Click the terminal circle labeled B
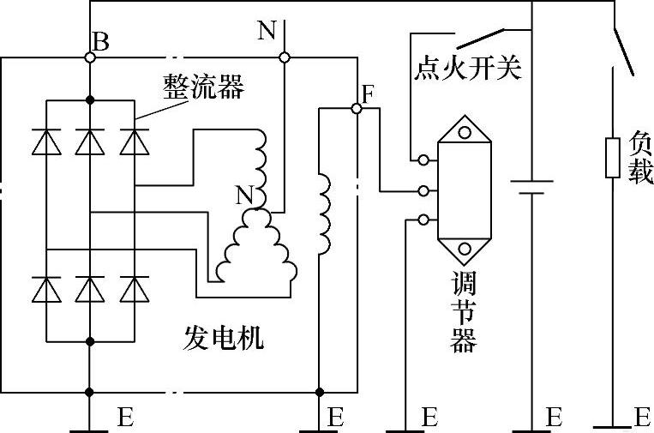[x=90, y=57]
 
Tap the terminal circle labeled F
[x=357, y=108]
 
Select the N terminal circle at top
[x=284, y=57]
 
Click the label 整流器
[x=203, y=87]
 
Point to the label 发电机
[x=224, y=338]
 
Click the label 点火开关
[x=467, y=68]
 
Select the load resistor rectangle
[x=613, y=159]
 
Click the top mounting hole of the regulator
[x=465, y=133]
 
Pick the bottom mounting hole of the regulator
[x=465, y=249]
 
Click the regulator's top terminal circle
[x=423, y=159]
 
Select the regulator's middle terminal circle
[x=423, y=191]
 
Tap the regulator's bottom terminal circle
[x=423, y=220]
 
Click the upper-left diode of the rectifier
[x=46, y=141]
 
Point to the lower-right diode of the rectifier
[x=135, y=289]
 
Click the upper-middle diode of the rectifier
[x=90, y=141]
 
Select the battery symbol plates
[x=531, y=187]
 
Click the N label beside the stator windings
[x=245, y=195]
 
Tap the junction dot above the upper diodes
[x=90, y=100]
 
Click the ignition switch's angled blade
[x=481, y=38]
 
